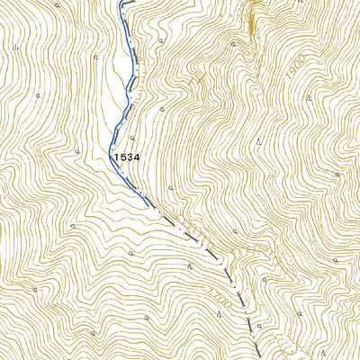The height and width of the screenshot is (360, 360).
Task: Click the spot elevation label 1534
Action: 127,157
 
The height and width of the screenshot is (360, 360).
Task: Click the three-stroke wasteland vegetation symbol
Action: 15,49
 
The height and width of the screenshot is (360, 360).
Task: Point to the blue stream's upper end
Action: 121,3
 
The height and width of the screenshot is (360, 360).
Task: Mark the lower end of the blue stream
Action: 148,205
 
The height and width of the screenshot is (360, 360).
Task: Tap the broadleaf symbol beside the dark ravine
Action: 235,42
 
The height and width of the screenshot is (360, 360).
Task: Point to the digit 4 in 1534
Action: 138,157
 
